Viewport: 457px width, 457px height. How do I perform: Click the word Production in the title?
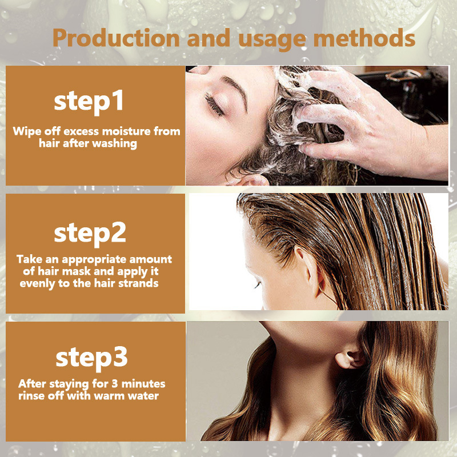point(116,38)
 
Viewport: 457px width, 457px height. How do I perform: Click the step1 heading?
point(89,102)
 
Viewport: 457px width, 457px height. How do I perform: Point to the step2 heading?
point(90,233)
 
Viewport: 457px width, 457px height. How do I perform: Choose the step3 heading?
point(91,358)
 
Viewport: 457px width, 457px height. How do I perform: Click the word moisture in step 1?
point(126,131)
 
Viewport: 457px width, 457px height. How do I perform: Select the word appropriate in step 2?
point(94,260)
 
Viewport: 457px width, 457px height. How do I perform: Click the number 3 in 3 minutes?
point(115,384)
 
